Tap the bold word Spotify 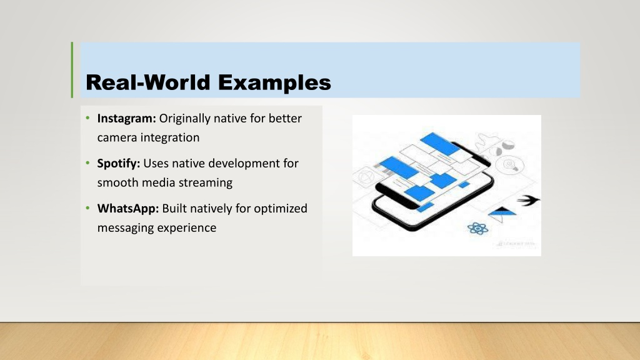(x=118, y=164)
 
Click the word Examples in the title (x=274, y=83)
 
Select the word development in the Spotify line (x=239, y=164)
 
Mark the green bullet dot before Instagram (x=87, y=118)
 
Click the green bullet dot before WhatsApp (x=87, y=208)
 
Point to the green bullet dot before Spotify (x=87, y=163)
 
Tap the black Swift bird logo (x=529, y=200)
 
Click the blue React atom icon (x=477, y=228)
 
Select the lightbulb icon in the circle (x=510, y=165)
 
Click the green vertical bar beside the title (x=72, y=70)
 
